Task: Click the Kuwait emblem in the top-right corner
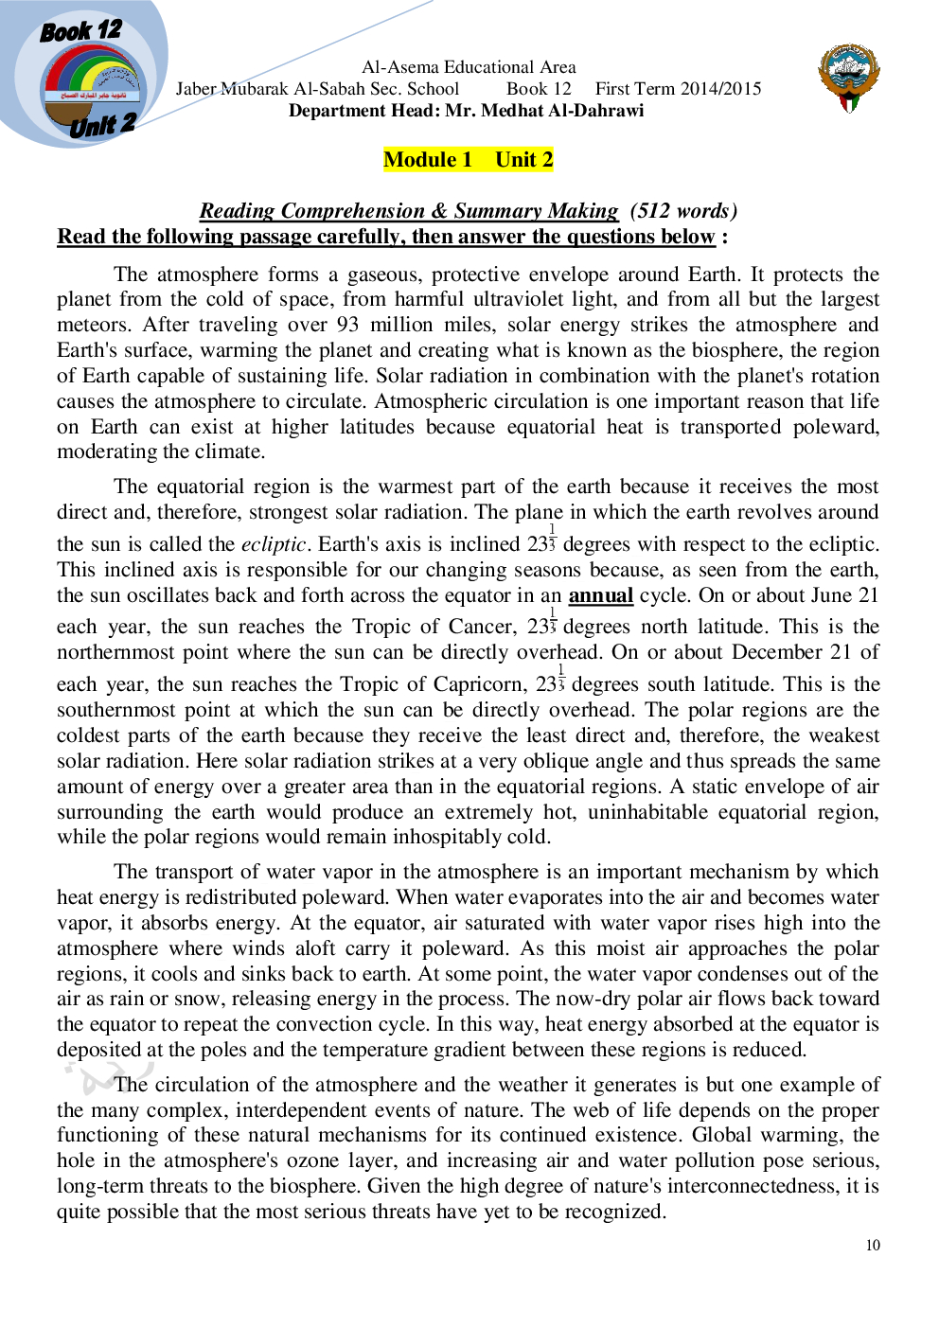[x=848, y=78]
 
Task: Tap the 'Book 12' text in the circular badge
[x=80, y=31]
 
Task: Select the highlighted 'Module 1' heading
[x=428, y=160]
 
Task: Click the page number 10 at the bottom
[x=872, y=1246]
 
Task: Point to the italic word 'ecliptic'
[x=273, y=544]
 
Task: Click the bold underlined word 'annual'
[x=600, y=595]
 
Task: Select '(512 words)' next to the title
[x=682, y=211]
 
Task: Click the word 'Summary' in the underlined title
[x=496, y=211]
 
